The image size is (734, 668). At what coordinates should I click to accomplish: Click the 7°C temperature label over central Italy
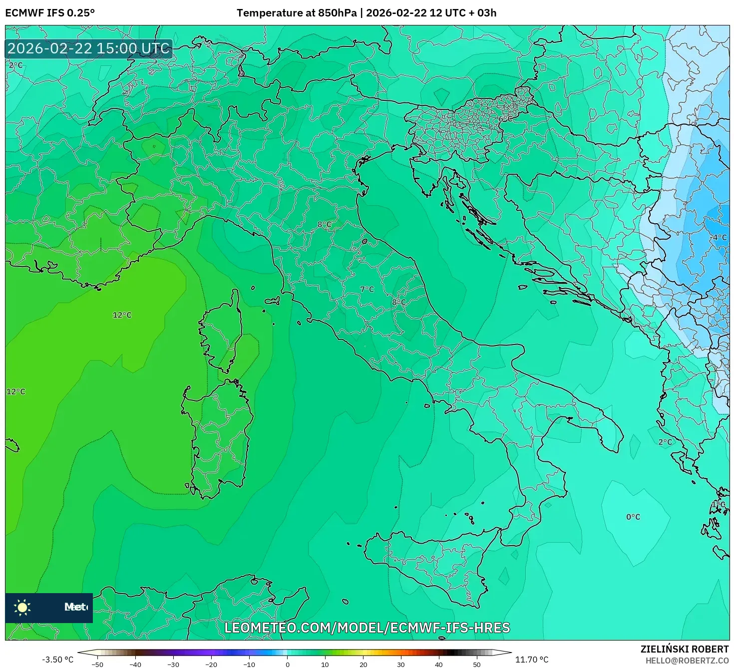pyautogui.click(x=367, y=289)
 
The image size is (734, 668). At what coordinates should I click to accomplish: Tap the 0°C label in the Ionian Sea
pyautogui.click(x=633, y=517)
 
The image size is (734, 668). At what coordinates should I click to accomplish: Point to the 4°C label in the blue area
pyautogui.click(x=719, y=237)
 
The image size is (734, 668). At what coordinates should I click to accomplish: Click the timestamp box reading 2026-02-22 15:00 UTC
pyautogui.click(x=89, y=48)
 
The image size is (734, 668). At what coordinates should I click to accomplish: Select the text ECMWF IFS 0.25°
pyautogui.click(x=50, y=12)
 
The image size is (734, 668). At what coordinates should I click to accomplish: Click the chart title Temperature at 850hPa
pyautogui.click(x=297, y=12)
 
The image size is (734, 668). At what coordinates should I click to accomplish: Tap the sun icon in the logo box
pyautogui.click(x=22, y=607)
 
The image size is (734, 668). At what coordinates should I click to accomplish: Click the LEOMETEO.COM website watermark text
pyautogui.click(x=367, y=628)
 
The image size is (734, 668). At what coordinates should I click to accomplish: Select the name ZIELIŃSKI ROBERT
pyautogui.click(x=684, y=649)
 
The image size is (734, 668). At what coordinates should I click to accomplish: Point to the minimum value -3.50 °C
pyautogui.click(x=57, y=660)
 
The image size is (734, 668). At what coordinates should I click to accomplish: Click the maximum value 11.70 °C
pyautogui.click(x=532, y=660)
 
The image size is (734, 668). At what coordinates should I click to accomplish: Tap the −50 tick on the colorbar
pyautogui.click(x=97, y=665)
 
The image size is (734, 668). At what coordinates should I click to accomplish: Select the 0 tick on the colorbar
pyautogui.click(x=287, y=665)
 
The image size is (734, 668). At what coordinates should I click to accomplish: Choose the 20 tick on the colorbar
pyautogui.click(x=363, y=665)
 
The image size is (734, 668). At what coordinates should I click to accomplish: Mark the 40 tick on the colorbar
pyautogui.click(x=439, y=665)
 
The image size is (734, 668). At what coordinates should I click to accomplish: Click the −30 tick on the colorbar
pyautogui.click(x=173, y=665)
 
